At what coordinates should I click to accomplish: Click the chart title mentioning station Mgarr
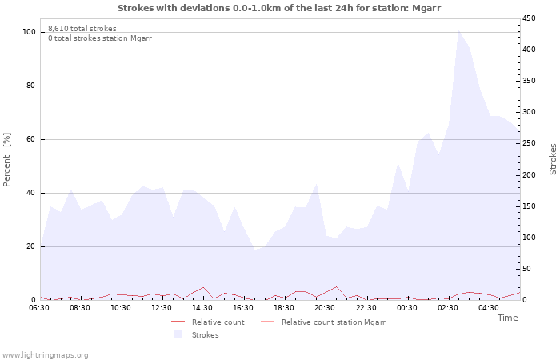tap(279, 8)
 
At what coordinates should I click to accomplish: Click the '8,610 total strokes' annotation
tap(82, 29)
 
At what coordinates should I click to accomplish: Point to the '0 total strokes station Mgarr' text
tap(100, 38)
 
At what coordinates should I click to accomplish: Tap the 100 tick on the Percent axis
tap(30, 32)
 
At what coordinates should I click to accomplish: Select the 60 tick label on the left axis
tap(31, 139)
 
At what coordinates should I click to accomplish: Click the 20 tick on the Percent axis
tap(31, 246)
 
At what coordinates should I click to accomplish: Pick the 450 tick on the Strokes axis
tap(530, 18)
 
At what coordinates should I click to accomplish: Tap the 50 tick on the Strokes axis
tap(528, 269)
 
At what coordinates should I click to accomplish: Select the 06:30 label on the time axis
tap(39, 308)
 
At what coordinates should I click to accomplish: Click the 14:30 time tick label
tap(202, 308)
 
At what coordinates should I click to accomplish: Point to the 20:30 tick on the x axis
tap(325, 308)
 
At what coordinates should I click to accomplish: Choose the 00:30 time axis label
tap(406, 308)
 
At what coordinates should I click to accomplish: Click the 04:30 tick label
tap(488, 308)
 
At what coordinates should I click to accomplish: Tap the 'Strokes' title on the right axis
tap(554, 158)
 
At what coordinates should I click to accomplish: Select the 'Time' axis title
tap(507, 318)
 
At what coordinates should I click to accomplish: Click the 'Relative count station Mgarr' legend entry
tap(333, 322)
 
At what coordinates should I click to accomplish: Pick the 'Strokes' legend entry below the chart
tap(205, 334)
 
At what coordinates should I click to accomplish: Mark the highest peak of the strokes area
tap(458, 31)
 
